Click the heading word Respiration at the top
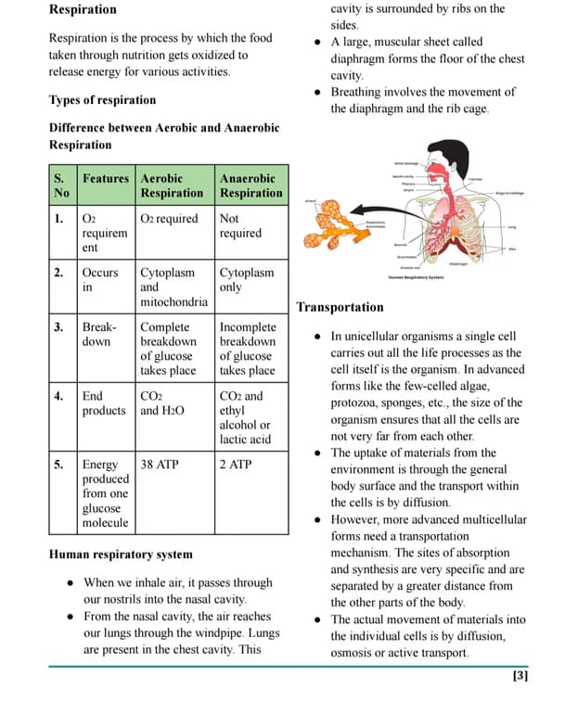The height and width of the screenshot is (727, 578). pyautogui.click(x=83, y=9)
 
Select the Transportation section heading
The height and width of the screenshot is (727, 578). pyautogui.click(x=340, y=307)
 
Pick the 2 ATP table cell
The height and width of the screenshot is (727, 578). pyautogui.click(x=236, y=464)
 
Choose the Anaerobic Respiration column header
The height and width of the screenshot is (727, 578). pyautogui.click(x=250, y=185)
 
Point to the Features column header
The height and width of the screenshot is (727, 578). pyautogui.click(x=106, y=178)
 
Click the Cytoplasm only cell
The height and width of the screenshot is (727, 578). pyautogui.click(x=247, y=280)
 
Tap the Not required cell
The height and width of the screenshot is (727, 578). pyautogui.click(x=240, y=226)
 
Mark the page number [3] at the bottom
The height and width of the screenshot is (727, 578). pyautogui.click(x=520, y=676)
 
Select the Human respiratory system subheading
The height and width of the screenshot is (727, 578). pyautogui.click(x=121, y=555)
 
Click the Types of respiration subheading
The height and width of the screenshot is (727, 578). pyautogui.click(x=102, y=100)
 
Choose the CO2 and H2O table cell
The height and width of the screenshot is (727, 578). pyautogui.click(x=161, y=403)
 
